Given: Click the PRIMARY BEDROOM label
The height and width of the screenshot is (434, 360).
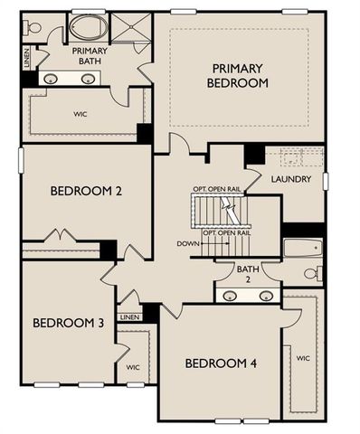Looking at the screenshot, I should [x=240, y=75].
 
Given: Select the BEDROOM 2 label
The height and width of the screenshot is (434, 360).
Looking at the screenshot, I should [x=87, y=191].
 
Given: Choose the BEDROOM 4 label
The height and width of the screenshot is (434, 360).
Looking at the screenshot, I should [x=221, y=363].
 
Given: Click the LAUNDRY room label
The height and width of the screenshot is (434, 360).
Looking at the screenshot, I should [x=291, y=179].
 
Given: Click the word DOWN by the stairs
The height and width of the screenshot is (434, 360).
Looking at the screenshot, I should [x=188, y=244].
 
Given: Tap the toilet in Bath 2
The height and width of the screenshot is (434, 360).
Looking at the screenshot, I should [x=310, y=272].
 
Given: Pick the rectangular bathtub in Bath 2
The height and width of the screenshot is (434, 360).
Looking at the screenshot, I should [x=301, y=247].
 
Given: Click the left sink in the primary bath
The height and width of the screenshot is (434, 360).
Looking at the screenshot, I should [x=51, y=79].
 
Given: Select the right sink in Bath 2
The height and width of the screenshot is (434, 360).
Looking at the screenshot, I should [x=266, y=296].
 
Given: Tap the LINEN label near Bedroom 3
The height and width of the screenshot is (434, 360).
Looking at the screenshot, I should [x=129, y=317].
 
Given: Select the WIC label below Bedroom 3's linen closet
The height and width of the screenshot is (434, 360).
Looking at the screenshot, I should [x=132, y=367].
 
